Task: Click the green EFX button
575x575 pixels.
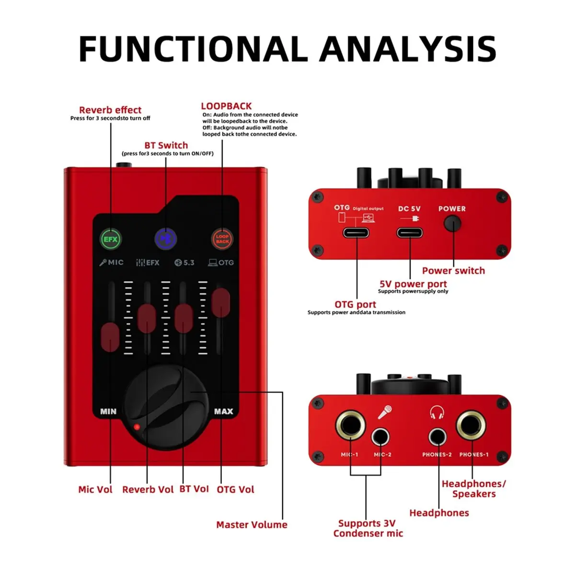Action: tap(111, 239)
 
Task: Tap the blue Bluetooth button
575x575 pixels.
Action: tap(166, 239)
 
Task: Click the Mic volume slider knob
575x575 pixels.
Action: tap(110, 336)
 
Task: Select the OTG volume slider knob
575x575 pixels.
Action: tap(221, 302)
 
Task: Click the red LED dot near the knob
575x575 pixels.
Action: tap(137, 426)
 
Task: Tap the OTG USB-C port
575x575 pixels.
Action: tap(356, 233)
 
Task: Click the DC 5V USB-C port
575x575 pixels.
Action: tap(410, 233)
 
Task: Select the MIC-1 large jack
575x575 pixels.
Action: tap(350, 424)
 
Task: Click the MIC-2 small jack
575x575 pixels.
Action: tap(381, 437)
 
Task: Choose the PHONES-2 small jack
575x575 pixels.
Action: tap(437, 437)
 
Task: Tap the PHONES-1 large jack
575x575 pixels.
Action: tap(471, 424)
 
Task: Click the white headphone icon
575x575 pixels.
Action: tap(437, 412)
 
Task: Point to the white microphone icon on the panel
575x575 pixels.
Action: tap(385, 412)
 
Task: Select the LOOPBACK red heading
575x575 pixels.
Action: tap(226, 106)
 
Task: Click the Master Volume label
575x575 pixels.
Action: tap(252, 525)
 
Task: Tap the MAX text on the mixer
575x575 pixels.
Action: tap(223, 411)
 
